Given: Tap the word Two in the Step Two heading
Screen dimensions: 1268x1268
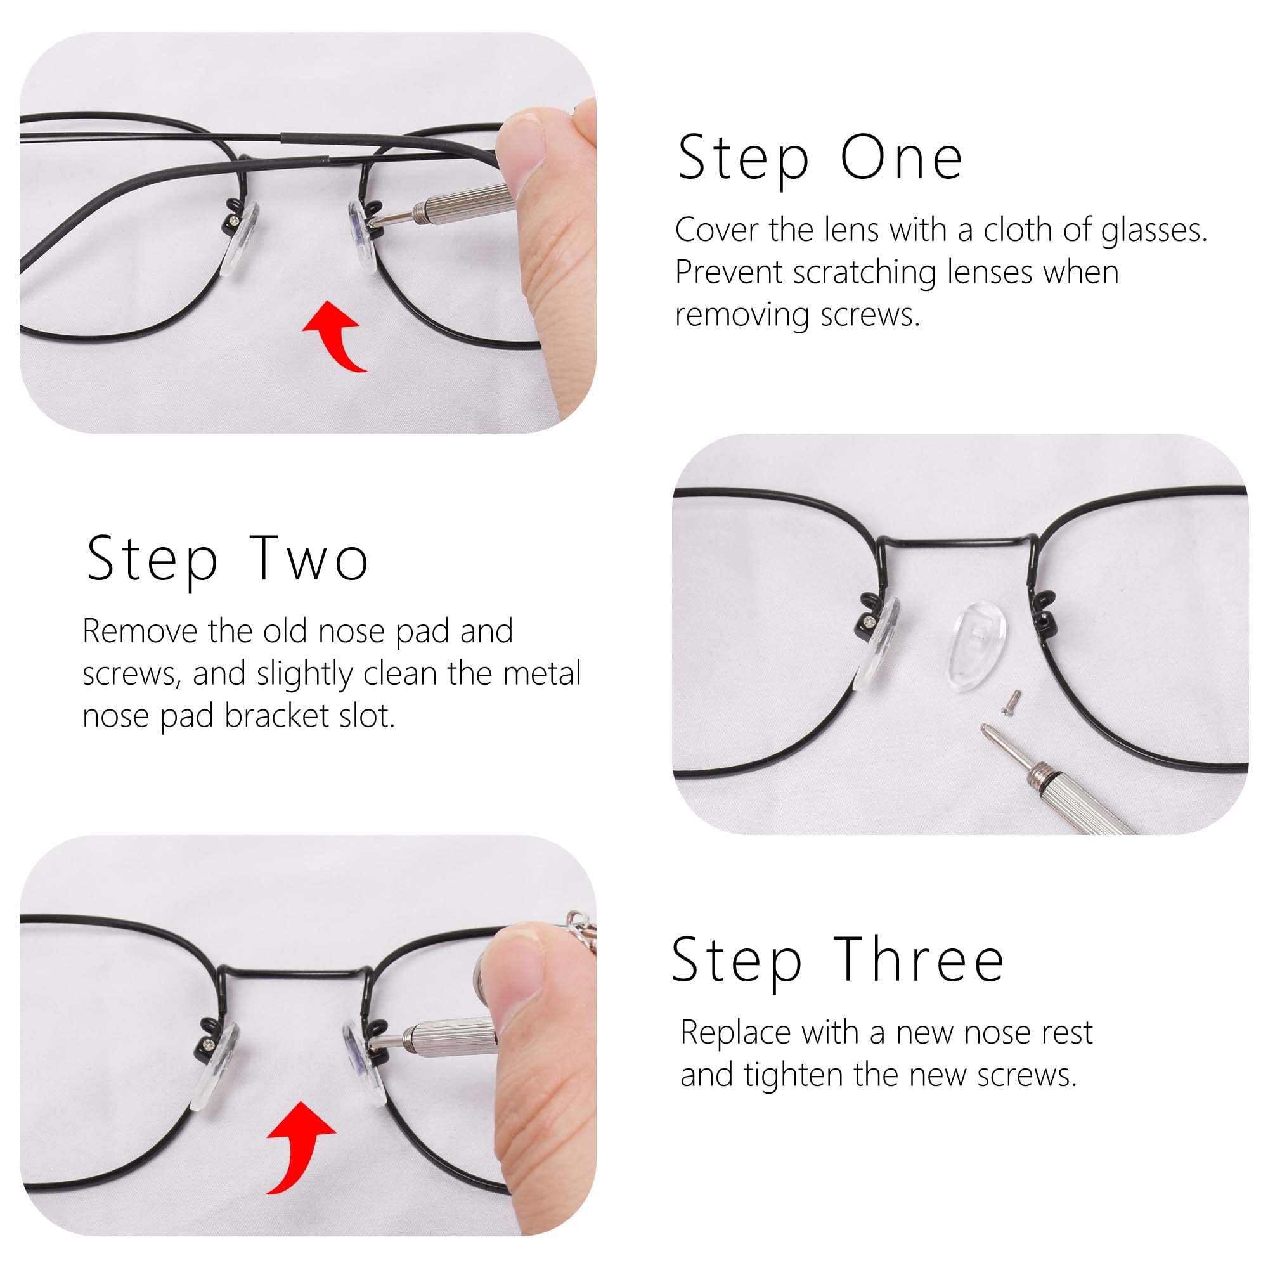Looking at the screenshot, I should tap(309, 559).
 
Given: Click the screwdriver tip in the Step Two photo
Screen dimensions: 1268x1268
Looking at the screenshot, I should tap(988, 733).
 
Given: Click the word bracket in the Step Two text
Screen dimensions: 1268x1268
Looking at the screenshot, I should tap(277, 716).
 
